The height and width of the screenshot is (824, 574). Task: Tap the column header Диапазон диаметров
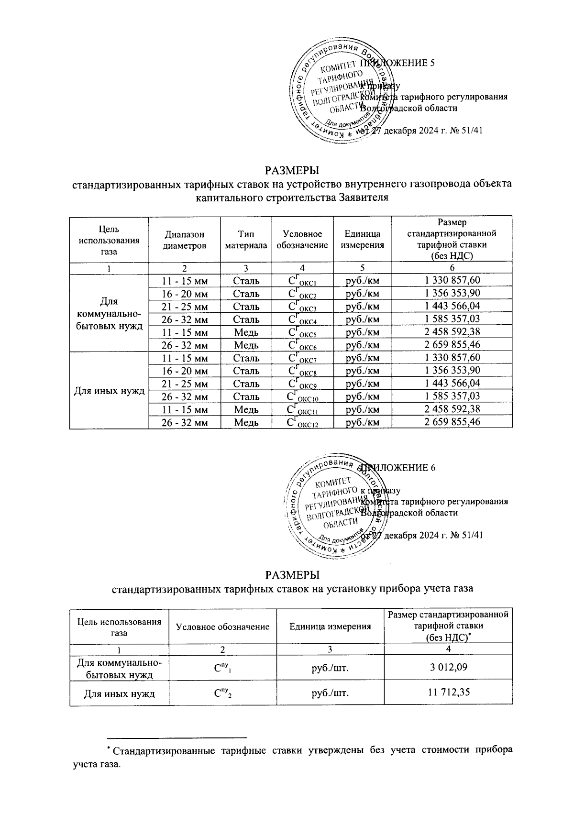(184, 240)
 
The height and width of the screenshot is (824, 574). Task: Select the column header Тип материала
(246, 240)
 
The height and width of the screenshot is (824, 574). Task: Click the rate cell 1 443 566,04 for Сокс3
(452, 306)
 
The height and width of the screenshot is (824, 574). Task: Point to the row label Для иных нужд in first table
(109, 390)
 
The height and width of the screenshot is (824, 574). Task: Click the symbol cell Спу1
(222, 667)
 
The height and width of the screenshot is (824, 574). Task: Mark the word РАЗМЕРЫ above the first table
(292, 170)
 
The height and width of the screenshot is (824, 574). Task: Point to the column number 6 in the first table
(452, 268)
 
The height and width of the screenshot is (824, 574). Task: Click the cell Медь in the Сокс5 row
(246, 332)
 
